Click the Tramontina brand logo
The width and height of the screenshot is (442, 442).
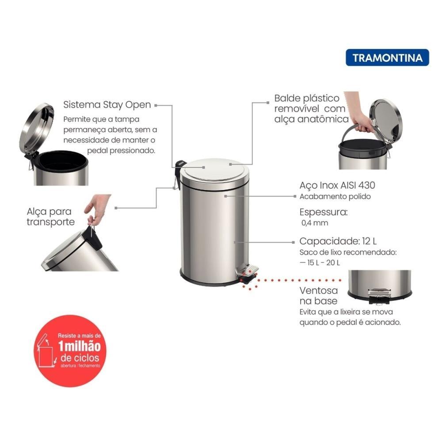tap(387, 57)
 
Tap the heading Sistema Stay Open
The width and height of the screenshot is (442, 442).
tap(107, 105)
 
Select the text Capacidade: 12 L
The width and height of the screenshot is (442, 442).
tap(338, 241)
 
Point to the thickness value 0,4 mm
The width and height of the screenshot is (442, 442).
tap(315, 223)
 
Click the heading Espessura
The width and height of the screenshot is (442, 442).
tap(323, 212)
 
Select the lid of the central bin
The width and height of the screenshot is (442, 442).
tap(216, 170)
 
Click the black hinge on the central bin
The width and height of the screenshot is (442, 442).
tap(179, 168)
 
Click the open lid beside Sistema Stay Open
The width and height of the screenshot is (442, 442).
tap(36, 128)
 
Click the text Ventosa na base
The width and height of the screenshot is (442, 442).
tap(319, 296)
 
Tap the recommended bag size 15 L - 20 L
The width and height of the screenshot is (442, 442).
tap(320, 263)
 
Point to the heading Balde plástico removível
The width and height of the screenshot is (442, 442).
tap(311, 108)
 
